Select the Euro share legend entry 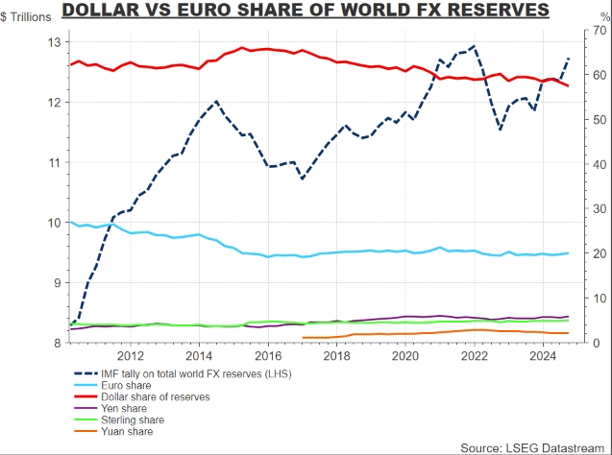click(x=139, y=384)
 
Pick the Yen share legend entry click(x=137, y=408)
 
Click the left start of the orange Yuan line click(x=304, y=337)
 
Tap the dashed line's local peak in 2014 click(x=216, y=101)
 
